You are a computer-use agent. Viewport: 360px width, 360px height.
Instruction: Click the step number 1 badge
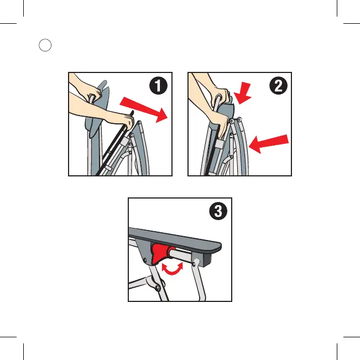click(158, 86)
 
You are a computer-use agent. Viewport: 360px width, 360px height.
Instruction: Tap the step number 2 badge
click(278, 86)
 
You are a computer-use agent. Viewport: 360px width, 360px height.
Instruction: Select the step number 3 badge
click(218, 211)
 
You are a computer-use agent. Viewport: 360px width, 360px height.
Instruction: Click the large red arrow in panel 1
click(144, 109)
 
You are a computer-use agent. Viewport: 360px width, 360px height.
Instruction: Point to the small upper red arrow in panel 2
click(242, 93)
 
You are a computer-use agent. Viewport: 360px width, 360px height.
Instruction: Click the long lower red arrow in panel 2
click(269, 143)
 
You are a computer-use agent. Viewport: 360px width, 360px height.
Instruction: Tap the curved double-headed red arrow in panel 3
click(173, 269)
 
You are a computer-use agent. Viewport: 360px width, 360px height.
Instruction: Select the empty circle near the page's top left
click(45, 45)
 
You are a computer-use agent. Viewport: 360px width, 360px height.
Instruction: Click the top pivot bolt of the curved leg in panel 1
click(139, 123)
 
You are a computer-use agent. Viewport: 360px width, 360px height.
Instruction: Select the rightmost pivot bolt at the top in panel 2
click(239, 119)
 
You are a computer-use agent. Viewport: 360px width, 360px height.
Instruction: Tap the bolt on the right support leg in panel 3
click(194, 264)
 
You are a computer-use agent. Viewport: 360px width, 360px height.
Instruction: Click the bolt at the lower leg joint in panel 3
click(157, 288)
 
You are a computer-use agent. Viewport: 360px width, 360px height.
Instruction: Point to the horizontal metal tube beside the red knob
click(181, 254)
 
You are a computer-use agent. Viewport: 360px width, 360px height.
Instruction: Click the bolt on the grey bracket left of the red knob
click(145, 260)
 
